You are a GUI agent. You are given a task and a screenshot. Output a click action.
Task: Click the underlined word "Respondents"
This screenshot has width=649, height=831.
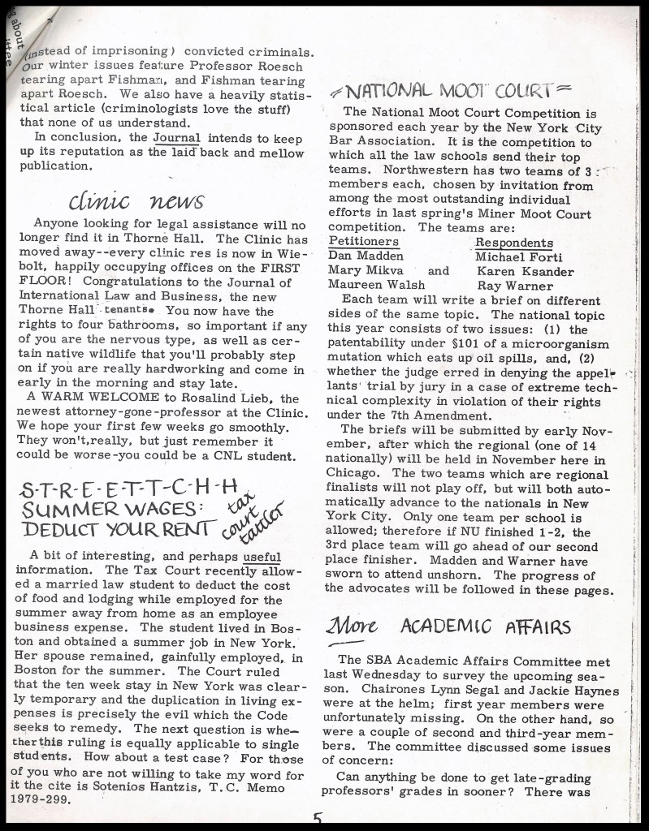[x=513, y=243]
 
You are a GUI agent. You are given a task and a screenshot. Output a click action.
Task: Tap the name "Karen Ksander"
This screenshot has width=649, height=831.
[x=525, y=271]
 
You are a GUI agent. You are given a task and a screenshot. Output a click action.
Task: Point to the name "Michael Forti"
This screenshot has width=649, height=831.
[x=518, y=256]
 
